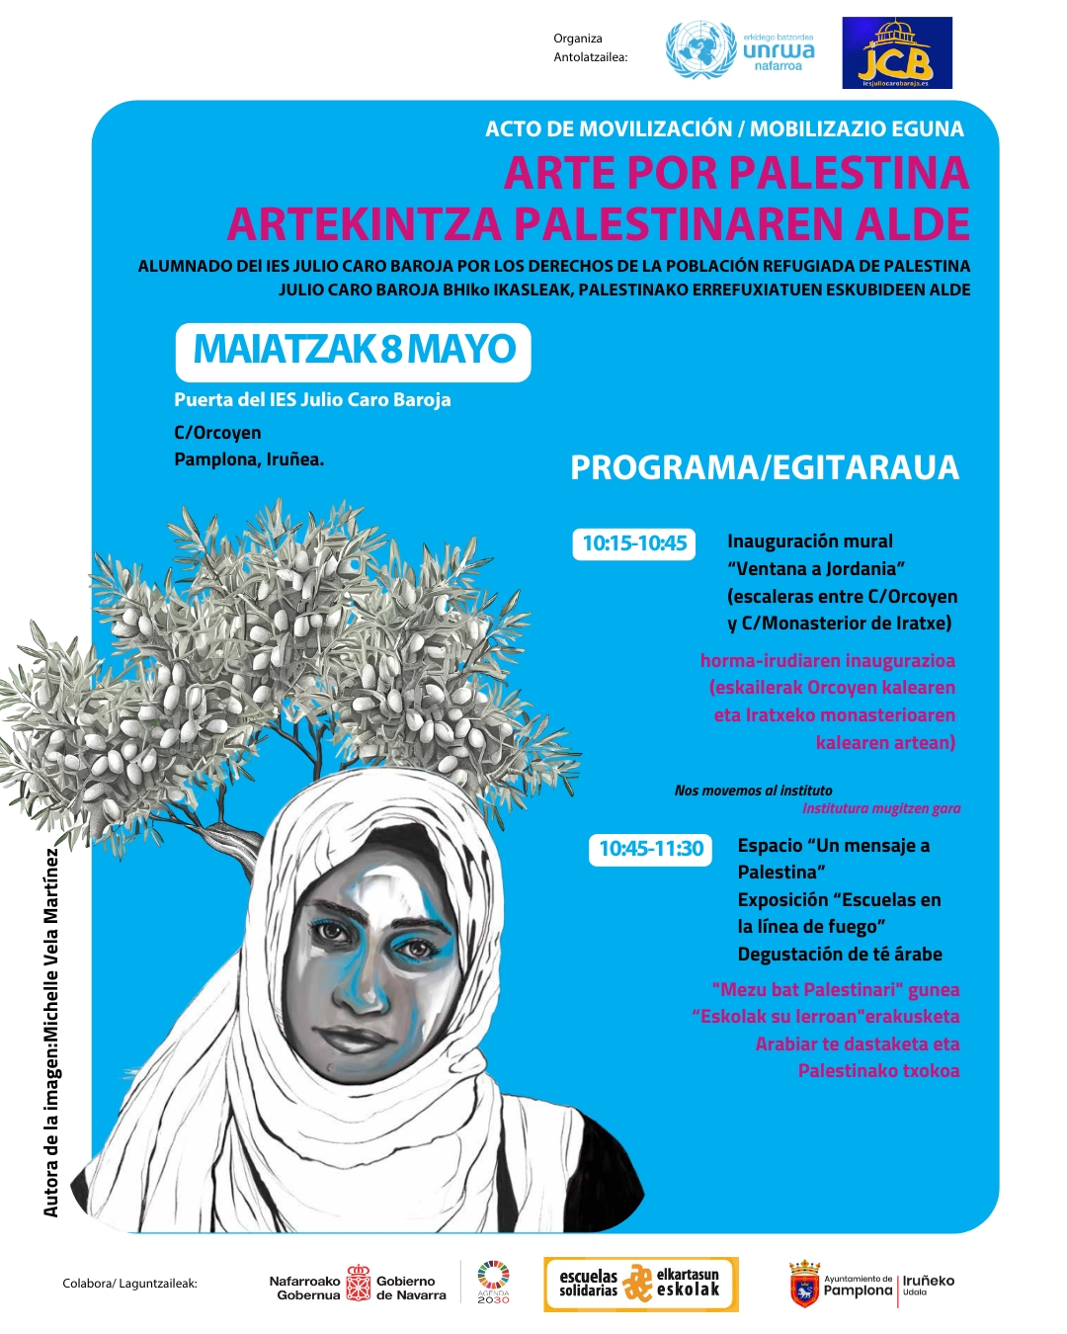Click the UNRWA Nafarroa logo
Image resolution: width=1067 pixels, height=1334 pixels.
pyautogui.click(x=741, y=51)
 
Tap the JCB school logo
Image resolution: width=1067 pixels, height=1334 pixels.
pyautogui.click(x=896, y=53)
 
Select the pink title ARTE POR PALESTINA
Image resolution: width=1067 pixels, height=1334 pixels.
pyautogui.click(x=736, y=173)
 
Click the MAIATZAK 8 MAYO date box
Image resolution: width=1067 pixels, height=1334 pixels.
pyautogui.click(x=354, y=351)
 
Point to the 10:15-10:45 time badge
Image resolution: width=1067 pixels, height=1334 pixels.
pyautogui.click(x=634, y=543)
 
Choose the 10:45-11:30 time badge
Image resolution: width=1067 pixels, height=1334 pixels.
pyautogui.click(x=651, y=849)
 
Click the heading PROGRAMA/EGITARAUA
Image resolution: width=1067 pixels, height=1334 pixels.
pyautogui.click(x=764, y=467)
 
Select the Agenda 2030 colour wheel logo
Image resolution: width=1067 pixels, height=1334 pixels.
pyautogui.click(x=493, y=1278)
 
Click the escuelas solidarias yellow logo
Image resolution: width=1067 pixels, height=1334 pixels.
pyautogui.click(x=640, y=1284)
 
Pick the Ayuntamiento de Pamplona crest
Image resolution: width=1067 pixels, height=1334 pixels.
pyautogui.click(x=804, y=1285)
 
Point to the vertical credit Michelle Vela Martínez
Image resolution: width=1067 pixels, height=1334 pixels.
pyautogui.click(x=51, y=1033)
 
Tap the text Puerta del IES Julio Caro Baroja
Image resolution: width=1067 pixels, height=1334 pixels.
pyautogui.click(x=312, y=400)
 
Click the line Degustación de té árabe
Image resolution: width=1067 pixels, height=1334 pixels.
pyautogui.click(x=840, y=955)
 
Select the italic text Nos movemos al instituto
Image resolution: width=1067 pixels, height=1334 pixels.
pyautogui.click(x=753, y=791)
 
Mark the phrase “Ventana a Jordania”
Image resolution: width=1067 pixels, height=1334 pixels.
pyautogui.click(x=816, y=569)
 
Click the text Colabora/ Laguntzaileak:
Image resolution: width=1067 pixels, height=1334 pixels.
pyautogui.click(x=129, y=1284)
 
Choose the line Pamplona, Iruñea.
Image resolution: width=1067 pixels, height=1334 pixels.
pyautogui.click(x=249, y=459)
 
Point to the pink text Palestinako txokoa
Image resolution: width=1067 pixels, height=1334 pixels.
pyautogui.click(x=878, y=1071)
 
